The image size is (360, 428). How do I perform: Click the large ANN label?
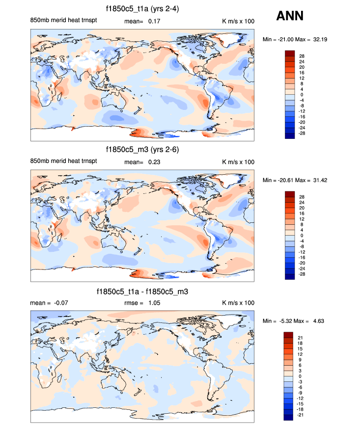pyautogui.click(x=290, y=16)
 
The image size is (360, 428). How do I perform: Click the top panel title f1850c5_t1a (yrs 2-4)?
pyautogui.click(x=142, y=9)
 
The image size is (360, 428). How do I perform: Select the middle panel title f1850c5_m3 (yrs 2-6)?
pyautogui.click(x=142, y=149)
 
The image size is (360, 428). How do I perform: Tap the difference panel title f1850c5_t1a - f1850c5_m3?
pyautogui.click(x=142, y=292)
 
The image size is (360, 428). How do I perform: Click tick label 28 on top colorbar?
pyautogui.click(x=302, y=55)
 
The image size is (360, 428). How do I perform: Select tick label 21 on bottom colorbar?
pyautogui.click(x=302, y=337)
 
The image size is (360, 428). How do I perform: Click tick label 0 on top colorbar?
pyautogui.click(x=301, y=94)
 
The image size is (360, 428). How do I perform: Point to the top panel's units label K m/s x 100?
pyautogui.click(x=239, y=22)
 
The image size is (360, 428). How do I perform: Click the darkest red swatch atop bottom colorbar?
pyautogui.click(x=288, y=335)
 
